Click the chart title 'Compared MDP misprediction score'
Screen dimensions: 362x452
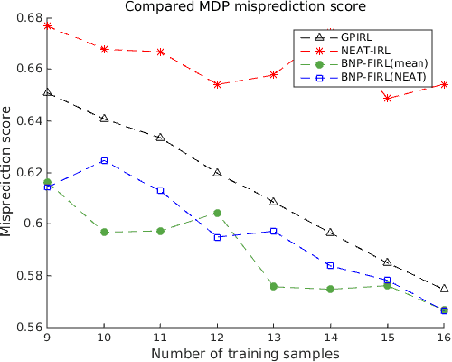[x=244, y=8]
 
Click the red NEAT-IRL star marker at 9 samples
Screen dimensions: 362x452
[x=48, y=26]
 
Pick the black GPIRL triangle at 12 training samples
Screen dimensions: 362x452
[x=217, y=172]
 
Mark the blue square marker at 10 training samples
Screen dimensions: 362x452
[x=104, y=160]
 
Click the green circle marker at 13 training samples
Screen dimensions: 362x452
[x=274, y=287]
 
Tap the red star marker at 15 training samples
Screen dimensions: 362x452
[x=387, y=98]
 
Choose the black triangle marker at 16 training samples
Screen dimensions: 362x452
[x=443, y=289]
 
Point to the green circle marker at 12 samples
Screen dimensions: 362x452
[x=217, y=213]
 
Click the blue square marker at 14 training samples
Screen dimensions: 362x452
[x=330, y=265]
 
